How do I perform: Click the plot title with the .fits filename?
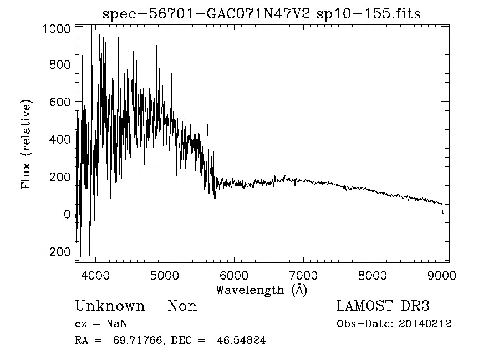262,14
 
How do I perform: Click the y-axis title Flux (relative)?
26,144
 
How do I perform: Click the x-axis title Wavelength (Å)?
261,290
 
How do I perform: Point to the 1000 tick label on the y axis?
56,28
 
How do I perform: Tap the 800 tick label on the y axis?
59,65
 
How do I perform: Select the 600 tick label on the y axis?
59,102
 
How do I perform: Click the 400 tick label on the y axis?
59,139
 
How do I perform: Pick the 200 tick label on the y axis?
59,177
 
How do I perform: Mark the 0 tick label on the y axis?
67,214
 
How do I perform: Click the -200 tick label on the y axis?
55,251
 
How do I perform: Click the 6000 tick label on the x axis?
233,275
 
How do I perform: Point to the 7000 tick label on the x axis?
303,275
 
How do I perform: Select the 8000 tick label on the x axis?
372,275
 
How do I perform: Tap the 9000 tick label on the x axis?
441,275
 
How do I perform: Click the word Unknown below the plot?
110,306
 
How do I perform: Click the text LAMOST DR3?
383,306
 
